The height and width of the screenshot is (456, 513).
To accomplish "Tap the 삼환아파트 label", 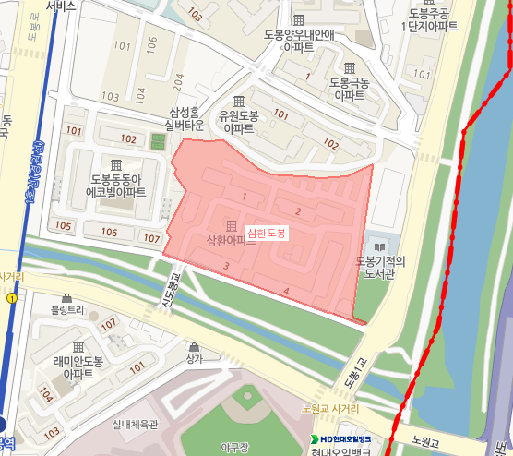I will pyautogui.click(x=219, y=242).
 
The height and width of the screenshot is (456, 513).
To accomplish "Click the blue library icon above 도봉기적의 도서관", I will pyautogui.click(x=377, y=246).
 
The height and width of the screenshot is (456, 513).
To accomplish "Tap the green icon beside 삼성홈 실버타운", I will pyautogui.click(x=157, y=142).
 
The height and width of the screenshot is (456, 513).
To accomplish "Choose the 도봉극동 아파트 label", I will pyautogui.click(x=350, y=89).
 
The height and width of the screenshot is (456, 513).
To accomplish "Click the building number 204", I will pyautogui.click(x=179, y=80).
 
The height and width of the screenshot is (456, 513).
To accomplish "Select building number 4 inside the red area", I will pyautogui.click(x=287, y=293).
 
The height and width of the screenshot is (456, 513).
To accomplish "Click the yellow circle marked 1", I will pyautogui.click(x=11, y=299).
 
